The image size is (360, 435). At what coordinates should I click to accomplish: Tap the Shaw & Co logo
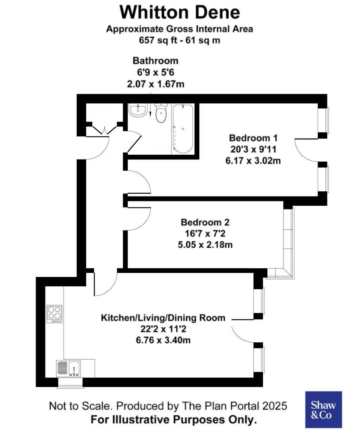(323, 410)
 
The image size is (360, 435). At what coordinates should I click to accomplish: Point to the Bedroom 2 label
(205, 222)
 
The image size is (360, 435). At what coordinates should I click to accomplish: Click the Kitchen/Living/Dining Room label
(163, 317)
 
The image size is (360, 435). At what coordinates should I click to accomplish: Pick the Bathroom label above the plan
(155, 61)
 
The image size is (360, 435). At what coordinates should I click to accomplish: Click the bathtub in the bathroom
(183, 128)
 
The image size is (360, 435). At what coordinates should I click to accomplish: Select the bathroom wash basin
(138, 110)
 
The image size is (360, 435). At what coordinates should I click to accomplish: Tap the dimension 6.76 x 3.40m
(163, 340)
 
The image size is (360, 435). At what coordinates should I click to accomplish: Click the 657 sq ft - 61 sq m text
(180, 40)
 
